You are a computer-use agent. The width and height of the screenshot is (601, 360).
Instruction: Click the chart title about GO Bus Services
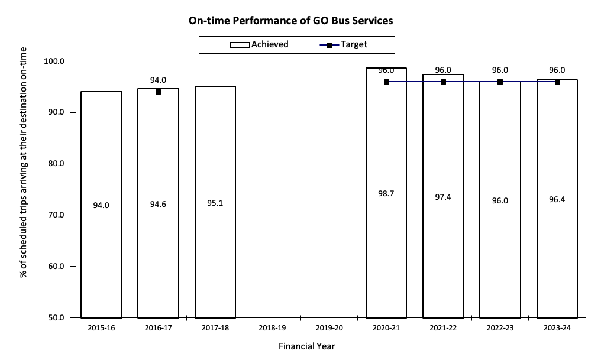290,21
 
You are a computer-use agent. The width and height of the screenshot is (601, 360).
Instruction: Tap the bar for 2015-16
101,205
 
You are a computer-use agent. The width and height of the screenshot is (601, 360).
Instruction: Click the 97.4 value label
442,197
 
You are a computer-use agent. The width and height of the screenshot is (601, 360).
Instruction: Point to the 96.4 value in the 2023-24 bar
557,200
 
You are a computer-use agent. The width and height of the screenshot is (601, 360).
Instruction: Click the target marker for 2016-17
158,92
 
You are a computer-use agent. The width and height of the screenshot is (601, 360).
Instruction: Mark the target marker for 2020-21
386,82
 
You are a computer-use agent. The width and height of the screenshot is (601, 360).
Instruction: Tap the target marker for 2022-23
500,82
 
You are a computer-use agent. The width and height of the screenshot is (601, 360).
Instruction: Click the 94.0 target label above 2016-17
158,80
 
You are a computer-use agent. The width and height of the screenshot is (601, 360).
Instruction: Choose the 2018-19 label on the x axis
272,327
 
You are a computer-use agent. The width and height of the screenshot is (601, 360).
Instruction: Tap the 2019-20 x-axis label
329,327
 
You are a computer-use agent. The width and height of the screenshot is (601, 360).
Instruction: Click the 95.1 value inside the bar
215,203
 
